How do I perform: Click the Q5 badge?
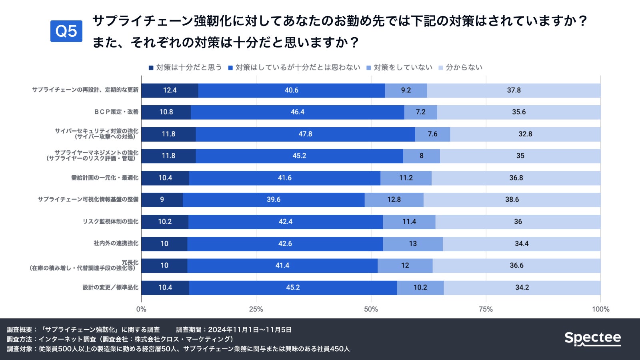click(x=66, y=31)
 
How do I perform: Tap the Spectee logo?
click(x=592, y=338)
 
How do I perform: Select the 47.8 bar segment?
click(x=305, y=134)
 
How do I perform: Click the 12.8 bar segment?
click(x=394, y=200)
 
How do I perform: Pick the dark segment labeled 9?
click(x=162, y=200)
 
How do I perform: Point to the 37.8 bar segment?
click(x=514, y=90)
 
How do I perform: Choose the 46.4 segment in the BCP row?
click(x=297, y=112)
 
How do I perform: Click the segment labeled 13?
click(x=413, y=244)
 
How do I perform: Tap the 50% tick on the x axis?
click(x=371, y=309)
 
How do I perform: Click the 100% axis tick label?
click(x=600, y=309)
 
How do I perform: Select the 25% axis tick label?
click(x=256, y=309)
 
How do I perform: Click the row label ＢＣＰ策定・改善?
click(x=116, y=112)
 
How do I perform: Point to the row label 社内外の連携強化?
click(x=116, y=243)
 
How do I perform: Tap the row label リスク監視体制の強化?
click(x=110, y=222)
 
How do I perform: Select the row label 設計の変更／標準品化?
click(x=110, y=287)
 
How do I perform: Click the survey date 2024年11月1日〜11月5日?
click(x=250, y=330)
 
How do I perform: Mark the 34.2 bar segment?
click(x=522, y=288)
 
